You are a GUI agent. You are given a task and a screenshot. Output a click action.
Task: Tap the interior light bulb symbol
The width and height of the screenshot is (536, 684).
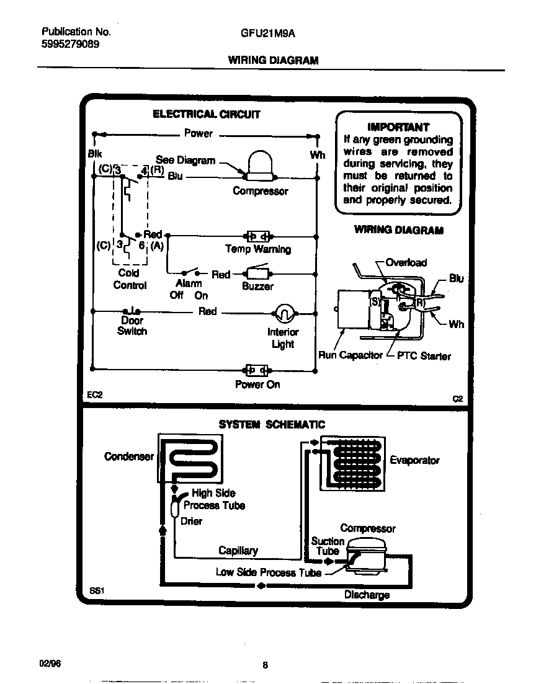point(283,313)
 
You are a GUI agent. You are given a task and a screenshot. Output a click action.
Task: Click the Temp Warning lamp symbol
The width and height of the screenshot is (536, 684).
point(257,236)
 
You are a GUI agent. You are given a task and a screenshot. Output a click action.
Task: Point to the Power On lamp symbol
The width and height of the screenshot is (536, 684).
point(257,370)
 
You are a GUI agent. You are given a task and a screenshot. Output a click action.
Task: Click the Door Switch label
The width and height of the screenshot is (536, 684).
point(132,326)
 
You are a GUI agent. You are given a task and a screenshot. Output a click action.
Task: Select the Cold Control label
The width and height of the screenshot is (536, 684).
point(130,279)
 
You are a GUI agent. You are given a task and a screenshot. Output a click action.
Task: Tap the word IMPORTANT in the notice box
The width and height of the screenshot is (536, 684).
point(398,127)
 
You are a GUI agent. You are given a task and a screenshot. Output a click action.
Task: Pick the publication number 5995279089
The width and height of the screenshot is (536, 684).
point(69,45)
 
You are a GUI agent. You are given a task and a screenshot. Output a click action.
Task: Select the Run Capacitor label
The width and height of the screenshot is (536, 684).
point(350,356)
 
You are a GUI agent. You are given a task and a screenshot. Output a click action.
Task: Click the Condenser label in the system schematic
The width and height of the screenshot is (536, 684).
point(128,456)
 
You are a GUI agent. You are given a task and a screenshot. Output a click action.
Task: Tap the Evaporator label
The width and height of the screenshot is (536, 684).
point(414,460)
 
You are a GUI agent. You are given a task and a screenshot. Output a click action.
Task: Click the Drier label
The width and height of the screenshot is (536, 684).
point(191,522)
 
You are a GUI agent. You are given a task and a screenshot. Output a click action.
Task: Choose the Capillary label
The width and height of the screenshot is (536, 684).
point(238,551)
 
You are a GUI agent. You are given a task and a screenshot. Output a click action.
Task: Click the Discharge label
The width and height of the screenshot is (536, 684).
point(367,595)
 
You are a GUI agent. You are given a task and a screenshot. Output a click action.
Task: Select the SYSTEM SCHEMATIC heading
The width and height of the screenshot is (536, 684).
point(272,425)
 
